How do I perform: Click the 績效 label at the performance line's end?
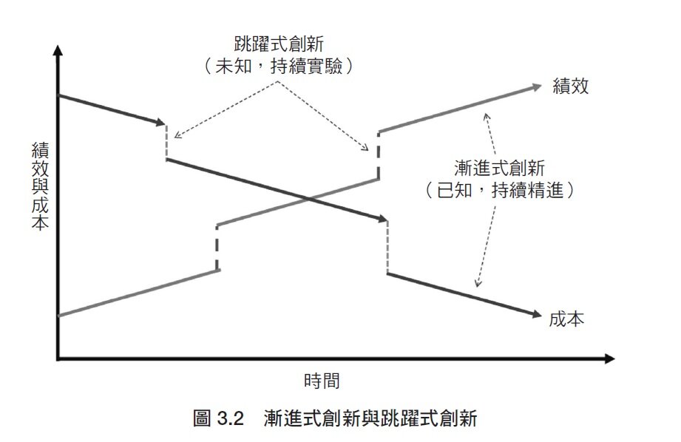(570, 86)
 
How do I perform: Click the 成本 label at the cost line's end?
(567, 319)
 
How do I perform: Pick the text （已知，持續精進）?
(501, 189)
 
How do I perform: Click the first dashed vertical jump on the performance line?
(217, 248)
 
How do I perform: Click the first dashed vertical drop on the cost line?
(168, 142)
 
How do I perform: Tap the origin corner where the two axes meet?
(58, 360)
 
